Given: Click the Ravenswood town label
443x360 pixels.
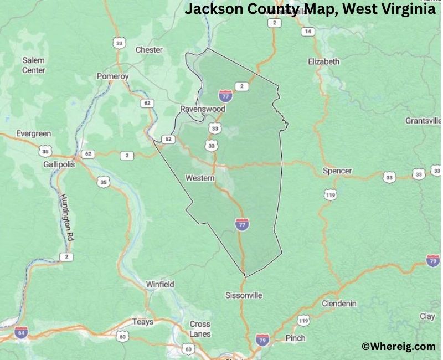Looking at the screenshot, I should (x=203, y=109).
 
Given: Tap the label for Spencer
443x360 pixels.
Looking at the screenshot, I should (x=337, y=171).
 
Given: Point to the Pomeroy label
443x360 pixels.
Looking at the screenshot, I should (x=112, y=76).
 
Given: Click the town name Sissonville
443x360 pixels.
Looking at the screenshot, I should (x=244, y=295).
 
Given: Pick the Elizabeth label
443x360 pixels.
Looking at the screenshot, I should (x=323, y=62).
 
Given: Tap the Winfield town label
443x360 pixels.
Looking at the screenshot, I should (x=160, y=284).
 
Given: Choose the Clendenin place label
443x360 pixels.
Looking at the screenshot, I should (x=339, y=304).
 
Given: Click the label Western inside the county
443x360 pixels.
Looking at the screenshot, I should (x=200, y=178).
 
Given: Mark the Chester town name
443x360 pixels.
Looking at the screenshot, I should (x=149, y=50).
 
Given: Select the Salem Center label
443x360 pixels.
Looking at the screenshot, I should (x=33, y=65).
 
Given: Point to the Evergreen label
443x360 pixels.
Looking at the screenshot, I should (x=33, y=133).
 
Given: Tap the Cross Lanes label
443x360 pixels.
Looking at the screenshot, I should (x=200, y=329).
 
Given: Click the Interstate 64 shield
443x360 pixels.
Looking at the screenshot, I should (x=21, y=332).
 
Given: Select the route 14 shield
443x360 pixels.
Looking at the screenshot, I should (x=308, y=32).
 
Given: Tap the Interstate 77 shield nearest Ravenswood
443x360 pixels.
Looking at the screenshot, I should (x=225, y=95).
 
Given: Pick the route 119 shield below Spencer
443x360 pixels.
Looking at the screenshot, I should (x=331, y=194).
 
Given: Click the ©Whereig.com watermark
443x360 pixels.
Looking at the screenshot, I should (x=398, y=347).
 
